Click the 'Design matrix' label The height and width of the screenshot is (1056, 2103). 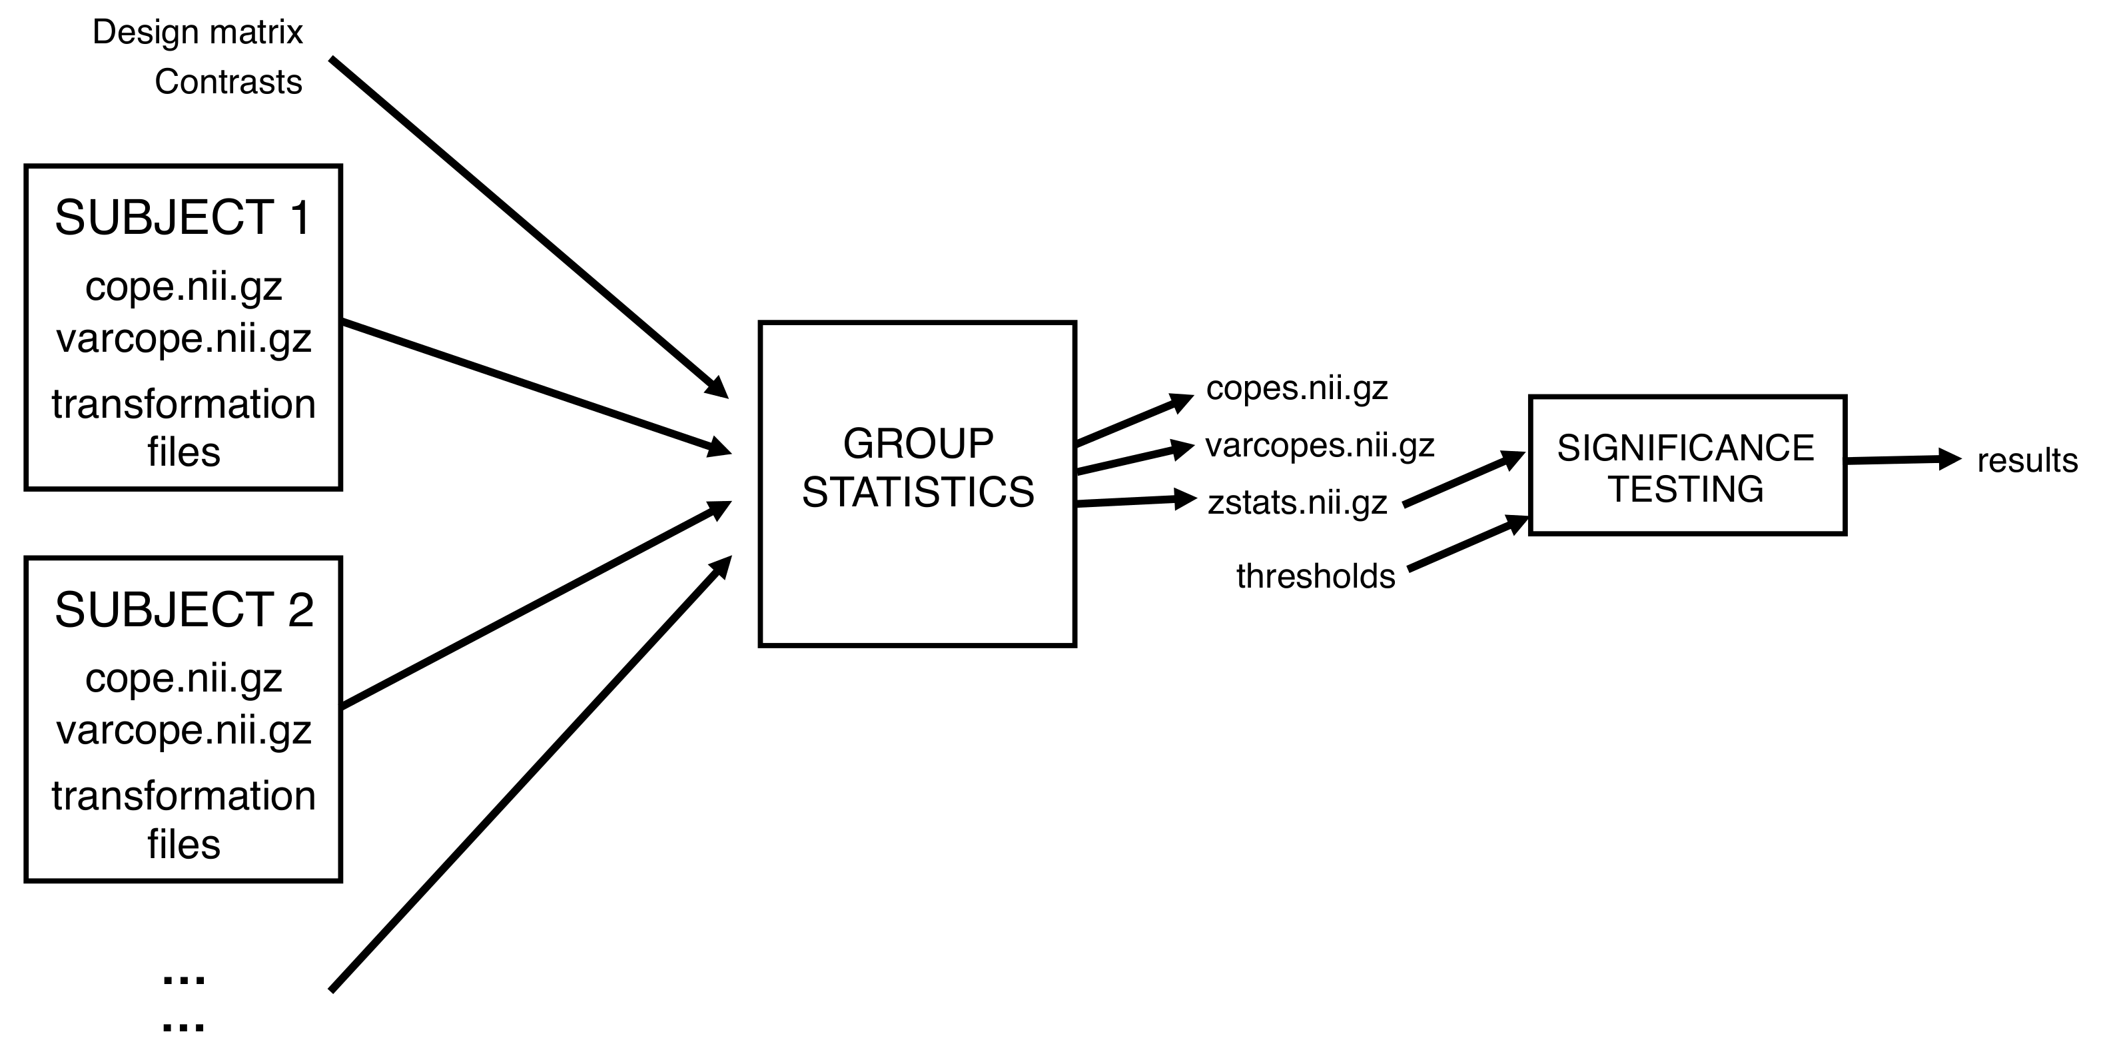click(x=198, y=33)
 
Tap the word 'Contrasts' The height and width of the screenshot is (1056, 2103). click(x=228, y=83)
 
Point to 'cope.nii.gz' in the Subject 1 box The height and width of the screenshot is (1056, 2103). click(x=184, y=287)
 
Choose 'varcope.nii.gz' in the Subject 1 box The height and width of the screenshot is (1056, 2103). click(x=184, y=338)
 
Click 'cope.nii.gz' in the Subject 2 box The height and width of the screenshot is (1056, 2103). click(x=184, y=679)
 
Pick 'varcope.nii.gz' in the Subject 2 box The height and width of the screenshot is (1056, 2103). click(x=184, y=730)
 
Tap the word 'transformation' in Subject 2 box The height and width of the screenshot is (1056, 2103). click(x=184, y=796)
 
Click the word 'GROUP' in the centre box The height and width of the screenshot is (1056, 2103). click(x=918, y=444)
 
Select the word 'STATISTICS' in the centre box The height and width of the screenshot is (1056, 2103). click(x=918, y=492)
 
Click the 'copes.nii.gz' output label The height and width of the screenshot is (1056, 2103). click(x=1296, y=388)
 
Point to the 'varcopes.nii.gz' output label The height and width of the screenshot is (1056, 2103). click(x=1319, y=446)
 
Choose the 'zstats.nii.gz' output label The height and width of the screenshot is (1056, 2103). click(x=1297, y=503)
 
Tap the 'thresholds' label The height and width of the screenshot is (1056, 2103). click(x=1315, y=576)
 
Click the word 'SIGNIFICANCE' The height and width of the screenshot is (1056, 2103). click(x=1685, y=448)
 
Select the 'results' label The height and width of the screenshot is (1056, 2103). click(x=2026, y=462)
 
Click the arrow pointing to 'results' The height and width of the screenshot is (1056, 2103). click(x=1902, y=460)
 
